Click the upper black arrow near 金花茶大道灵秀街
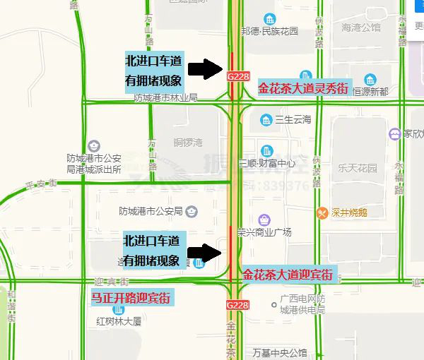coord(206,68)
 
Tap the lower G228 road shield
coord(237,304)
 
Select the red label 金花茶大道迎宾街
coord(286,275)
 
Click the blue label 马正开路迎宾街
coord(131,298)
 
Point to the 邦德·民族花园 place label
coord(270,31)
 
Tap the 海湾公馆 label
coord(361,28)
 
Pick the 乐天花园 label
coord(358,168)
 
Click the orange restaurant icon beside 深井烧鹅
coord(323,212)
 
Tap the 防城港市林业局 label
coord(165,97)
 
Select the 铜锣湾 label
coord(189,142)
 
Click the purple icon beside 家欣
coord(394,133)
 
